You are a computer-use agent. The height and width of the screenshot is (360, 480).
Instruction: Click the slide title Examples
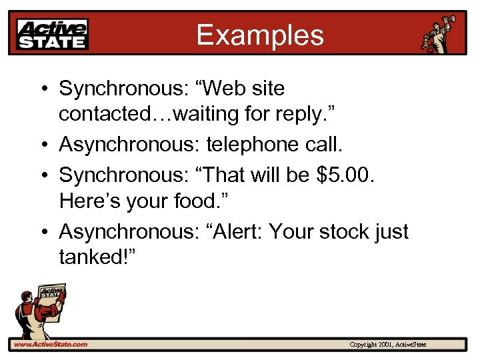tap(259, 35)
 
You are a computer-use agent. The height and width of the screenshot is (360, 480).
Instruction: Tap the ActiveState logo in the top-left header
tap(53, 35)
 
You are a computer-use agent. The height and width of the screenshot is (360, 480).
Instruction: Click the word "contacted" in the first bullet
tap(103, 115)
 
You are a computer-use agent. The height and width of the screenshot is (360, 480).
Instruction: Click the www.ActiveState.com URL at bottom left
tap(51, 344)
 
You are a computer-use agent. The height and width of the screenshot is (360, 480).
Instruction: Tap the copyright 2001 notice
tap(392, 344)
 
